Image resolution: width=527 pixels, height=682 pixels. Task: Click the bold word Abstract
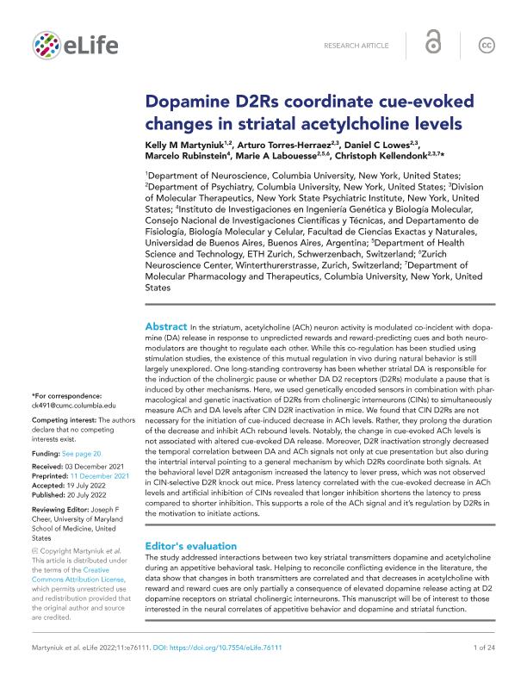click(x=165, y=328)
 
